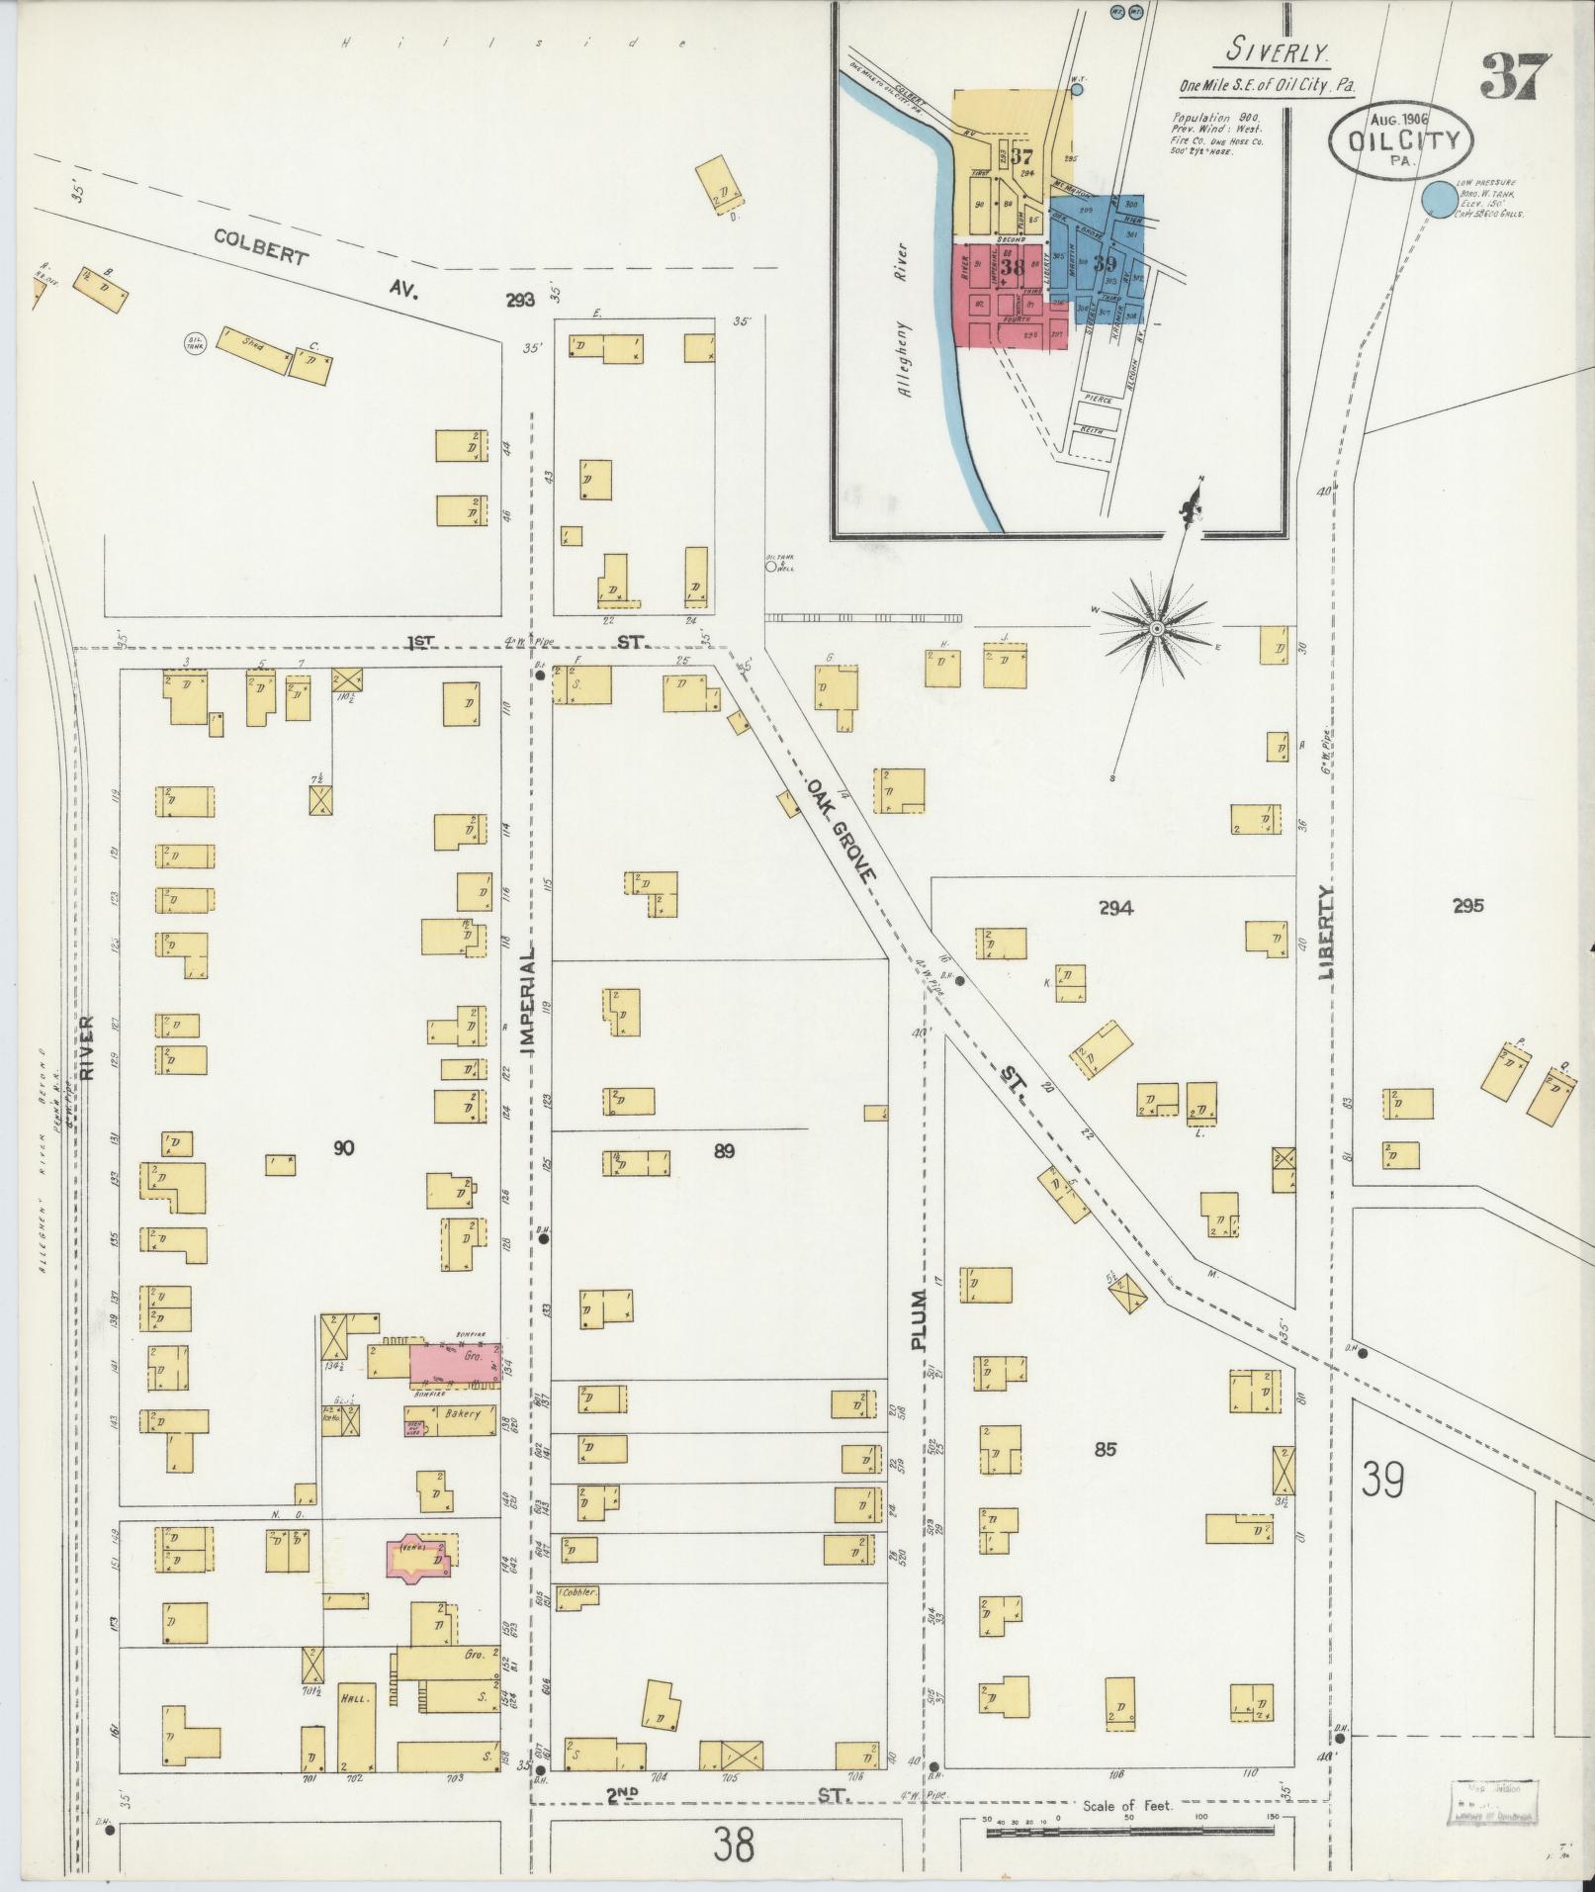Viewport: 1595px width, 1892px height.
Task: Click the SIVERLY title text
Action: pos(1277,50)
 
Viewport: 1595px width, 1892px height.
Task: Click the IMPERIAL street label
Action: pos(527,999)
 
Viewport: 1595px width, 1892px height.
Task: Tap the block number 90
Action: pos(343,1148)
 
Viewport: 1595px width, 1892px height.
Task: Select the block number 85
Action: pos(1105,1450)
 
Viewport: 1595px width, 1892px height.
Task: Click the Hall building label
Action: pos(354,1697)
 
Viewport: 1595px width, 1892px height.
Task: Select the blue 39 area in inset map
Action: pos(1105,262)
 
